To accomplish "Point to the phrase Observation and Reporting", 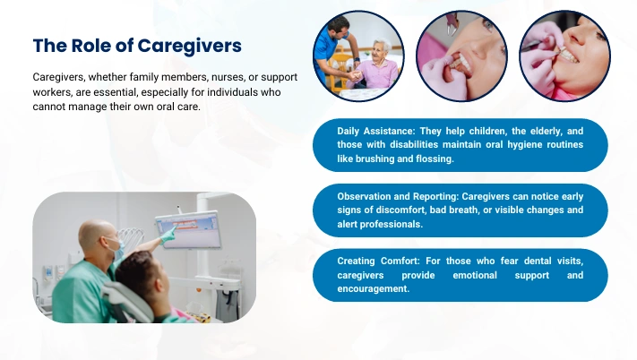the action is [398, 196].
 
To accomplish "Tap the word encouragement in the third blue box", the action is [374, 288].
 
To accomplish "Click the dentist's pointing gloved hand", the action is [168, 235].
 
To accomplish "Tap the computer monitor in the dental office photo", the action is [189, 229].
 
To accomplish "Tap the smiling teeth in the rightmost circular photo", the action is [570, 56].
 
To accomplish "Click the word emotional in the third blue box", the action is [475, 275].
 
